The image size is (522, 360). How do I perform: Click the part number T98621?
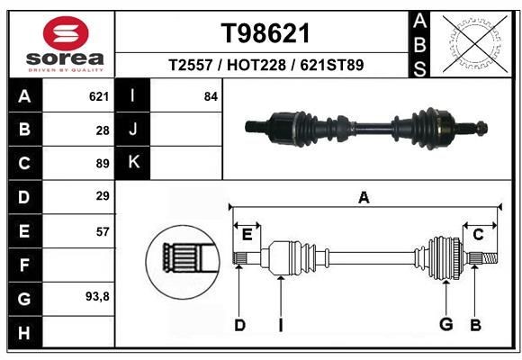[x=265, y=34]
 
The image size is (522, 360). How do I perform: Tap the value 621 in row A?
[x=98, y=96]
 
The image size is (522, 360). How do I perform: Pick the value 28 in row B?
[x=102, y=130]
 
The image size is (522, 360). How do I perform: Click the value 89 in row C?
[x=102, y=164]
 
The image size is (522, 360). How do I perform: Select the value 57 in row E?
[x=102, y=231]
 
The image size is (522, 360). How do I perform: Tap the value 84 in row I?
[x=211, y=96]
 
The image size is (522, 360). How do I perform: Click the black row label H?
[x=24, y=331]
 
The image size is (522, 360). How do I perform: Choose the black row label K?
[x=133, y=163]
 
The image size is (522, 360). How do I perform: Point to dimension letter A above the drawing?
[x=364, y=198]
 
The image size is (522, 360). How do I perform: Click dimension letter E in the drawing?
[x=247, y=235]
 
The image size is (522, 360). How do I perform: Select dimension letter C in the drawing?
[x=478, y=235]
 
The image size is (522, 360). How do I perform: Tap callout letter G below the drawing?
[x=445, y=325]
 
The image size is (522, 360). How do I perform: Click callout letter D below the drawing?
[x=239, y=325]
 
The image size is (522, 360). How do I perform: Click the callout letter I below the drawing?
[x=281, y=325]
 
